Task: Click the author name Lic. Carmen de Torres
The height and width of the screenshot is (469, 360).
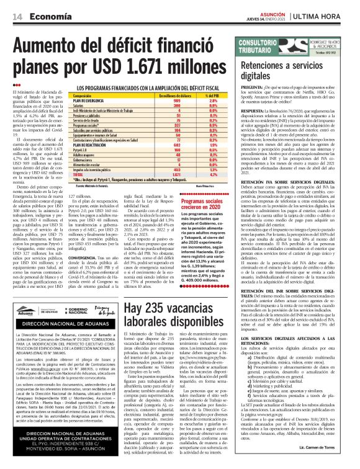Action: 328,462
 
